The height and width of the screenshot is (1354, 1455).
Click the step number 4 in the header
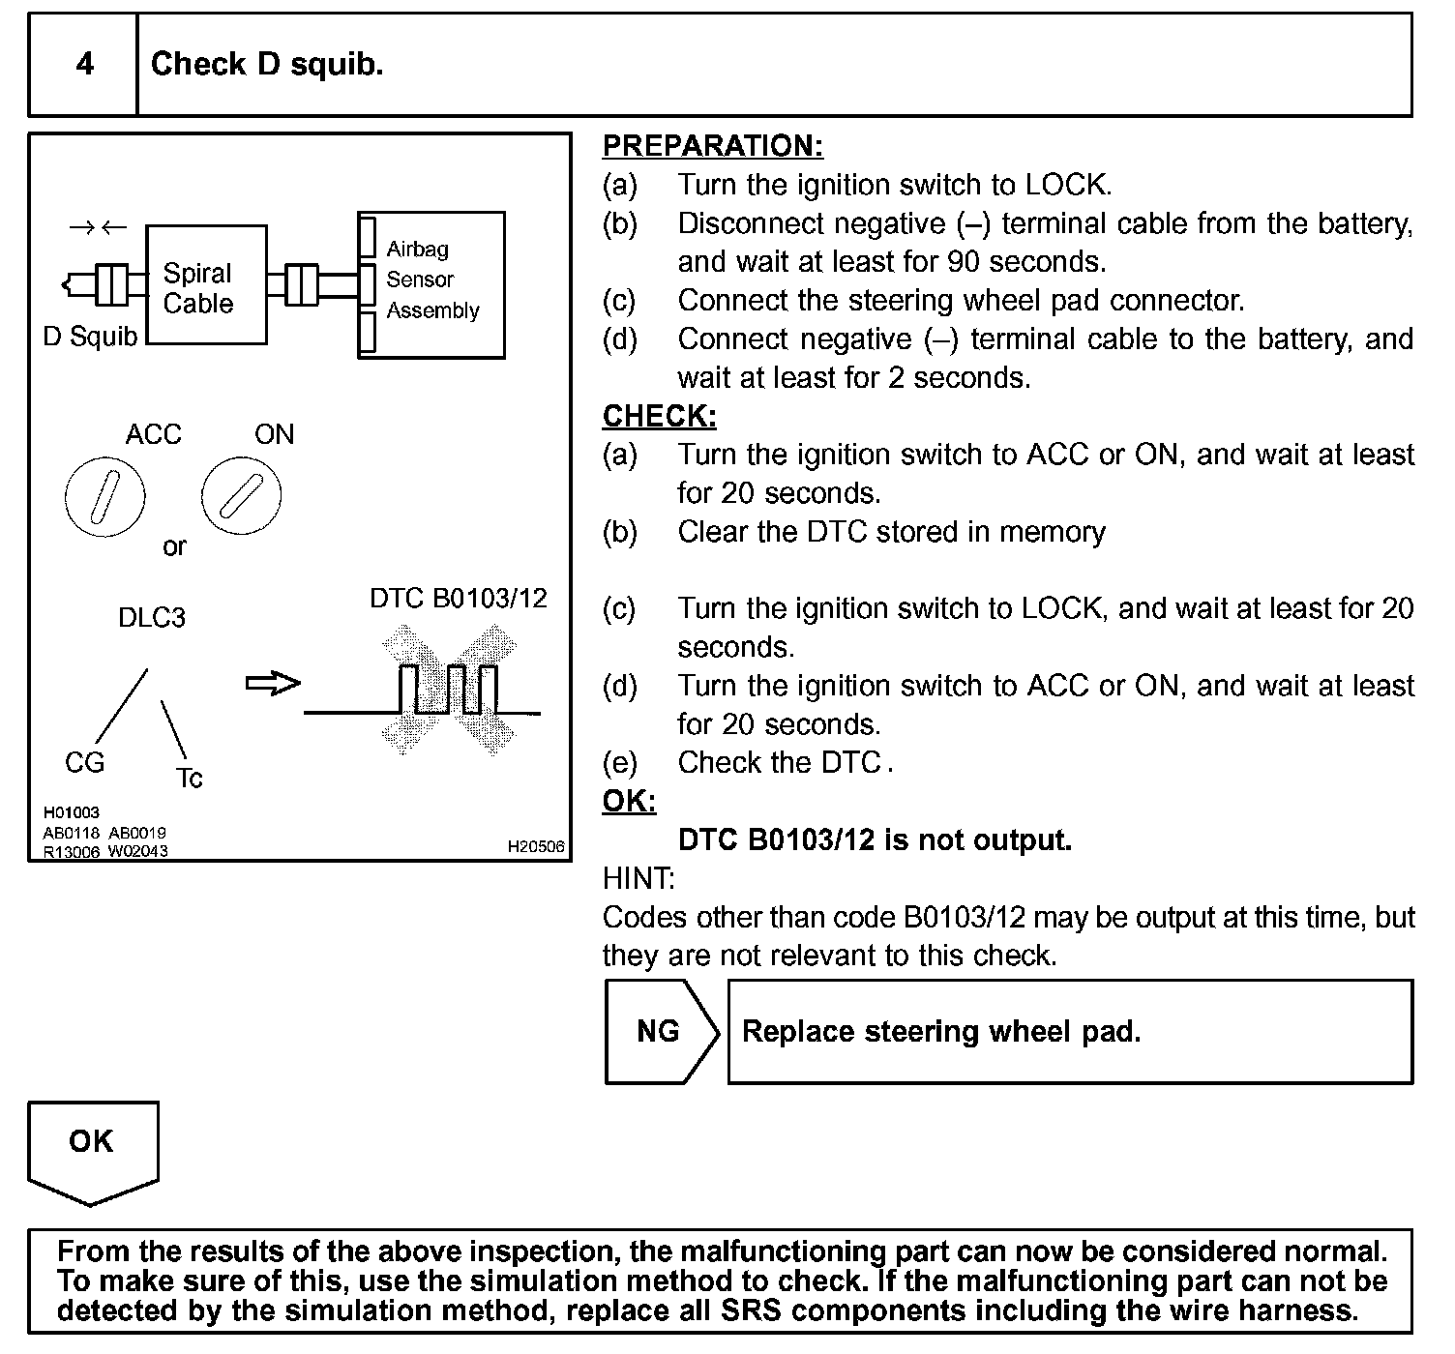84,65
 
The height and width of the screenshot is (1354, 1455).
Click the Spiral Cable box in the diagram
205,286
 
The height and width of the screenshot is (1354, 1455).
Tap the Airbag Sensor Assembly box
431,284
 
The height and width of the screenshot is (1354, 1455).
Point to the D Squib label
90,337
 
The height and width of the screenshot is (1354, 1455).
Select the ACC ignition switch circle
104,497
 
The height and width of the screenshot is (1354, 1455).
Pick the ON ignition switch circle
241,495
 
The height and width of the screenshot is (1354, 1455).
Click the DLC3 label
152,618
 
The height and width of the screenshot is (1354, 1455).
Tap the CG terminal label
84,763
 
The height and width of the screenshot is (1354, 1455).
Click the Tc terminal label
190,779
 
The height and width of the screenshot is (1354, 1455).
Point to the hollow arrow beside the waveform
273,684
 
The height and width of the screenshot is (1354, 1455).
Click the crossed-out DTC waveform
448,691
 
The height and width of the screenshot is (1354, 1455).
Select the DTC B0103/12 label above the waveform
458,599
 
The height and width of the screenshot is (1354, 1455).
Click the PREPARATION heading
712,146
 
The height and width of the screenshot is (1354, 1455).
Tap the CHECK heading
659,417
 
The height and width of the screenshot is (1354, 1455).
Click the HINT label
638,878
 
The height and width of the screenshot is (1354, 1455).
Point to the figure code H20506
536,847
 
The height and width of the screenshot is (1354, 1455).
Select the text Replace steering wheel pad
940,1032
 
